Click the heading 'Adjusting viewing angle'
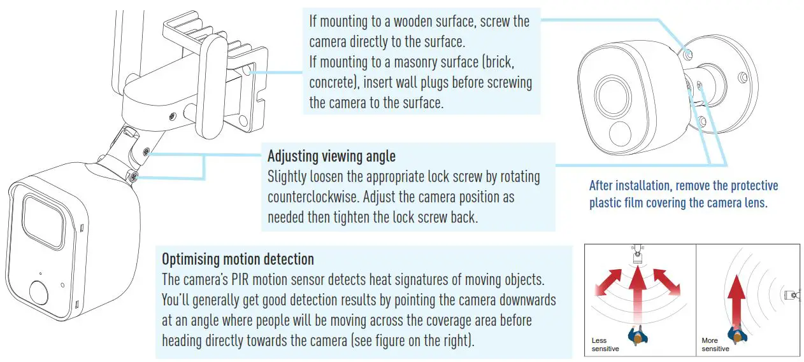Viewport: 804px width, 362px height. click(x=331, y=157)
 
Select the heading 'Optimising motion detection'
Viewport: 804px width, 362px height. click(x=238, y=259)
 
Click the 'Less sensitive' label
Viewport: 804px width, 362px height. click(x=605, y=344)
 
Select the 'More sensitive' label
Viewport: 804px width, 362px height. click(x=715, y=344)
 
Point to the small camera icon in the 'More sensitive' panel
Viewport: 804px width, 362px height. click(x=791, y=295)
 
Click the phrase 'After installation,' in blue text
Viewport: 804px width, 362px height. click(x=629, y=186)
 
